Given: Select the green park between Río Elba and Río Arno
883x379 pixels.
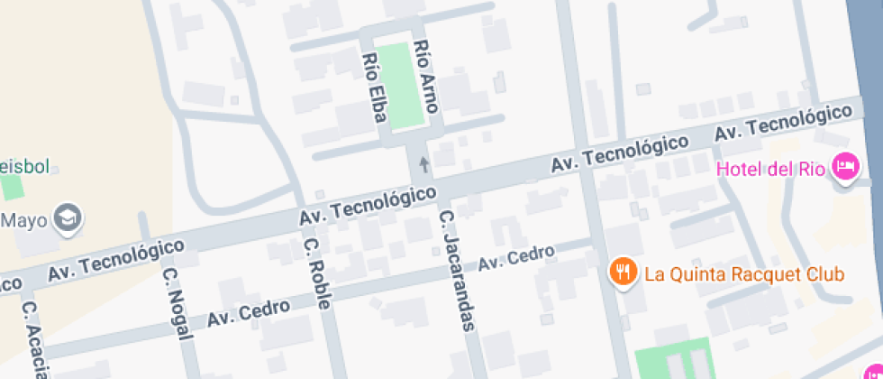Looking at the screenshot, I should [x=400, y=86].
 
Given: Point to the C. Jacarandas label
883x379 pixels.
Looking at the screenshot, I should [x=457, y=271].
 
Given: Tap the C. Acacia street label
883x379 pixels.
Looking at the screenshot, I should [x=34, y=339].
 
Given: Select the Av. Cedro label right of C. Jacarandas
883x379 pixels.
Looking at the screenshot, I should [x=515, y=259].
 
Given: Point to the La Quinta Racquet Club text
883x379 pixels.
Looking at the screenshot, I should [x=744, y=273].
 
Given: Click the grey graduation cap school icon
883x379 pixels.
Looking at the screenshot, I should [x=68, y=217].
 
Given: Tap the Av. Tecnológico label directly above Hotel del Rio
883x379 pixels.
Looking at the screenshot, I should [x=783, y=122].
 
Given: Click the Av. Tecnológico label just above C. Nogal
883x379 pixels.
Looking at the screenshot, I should [x=116, y=259].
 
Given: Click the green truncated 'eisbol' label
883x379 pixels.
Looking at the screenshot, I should [x=24, y=167].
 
